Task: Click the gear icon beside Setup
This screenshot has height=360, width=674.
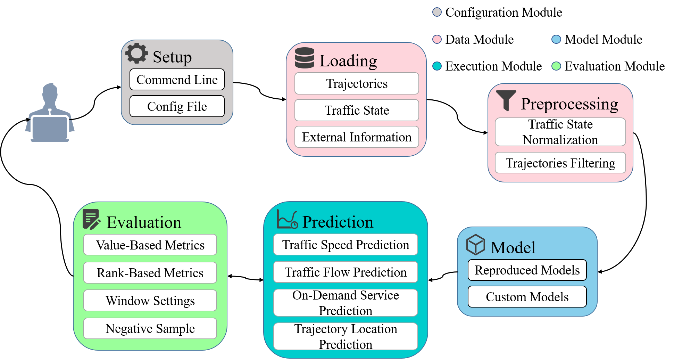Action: (x=136, y=53)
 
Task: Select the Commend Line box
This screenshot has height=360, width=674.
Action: (x=177, y=80)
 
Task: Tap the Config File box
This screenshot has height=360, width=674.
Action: (x=177, y=106)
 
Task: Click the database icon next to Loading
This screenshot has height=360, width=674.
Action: (x=305, y=58)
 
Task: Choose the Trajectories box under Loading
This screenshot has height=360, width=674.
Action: (x=357, y=83)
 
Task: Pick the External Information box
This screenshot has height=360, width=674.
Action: (x=357, y=137)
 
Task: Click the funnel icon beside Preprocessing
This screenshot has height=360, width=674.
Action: (x=506, y=100)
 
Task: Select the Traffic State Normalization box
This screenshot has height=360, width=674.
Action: (x=560, y=132)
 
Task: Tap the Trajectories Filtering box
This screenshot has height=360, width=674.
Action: (x=560, y=163)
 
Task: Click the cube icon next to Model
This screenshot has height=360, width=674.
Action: (x=475, y=244)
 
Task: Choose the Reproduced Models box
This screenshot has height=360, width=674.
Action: (x=527, y=270)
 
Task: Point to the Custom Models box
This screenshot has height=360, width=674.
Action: (x=527, y=297)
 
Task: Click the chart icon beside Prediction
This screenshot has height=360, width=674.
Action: (x=287, y=219)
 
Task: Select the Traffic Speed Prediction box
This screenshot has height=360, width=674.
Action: (x=346, y=245)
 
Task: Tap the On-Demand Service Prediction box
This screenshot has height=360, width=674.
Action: (x=346, y=303)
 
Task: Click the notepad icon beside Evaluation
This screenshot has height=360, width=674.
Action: (x=91, y=219)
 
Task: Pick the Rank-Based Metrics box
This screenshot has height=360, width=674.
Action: (x=150, y=273)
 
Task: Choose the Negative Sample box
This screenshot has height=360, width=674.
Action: (x=150, y=328)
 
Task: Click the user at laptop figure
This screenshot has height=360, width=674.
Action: (x=50, y=113)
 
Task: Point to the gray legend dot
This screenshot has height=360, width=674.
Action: (x=437, y=12)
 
